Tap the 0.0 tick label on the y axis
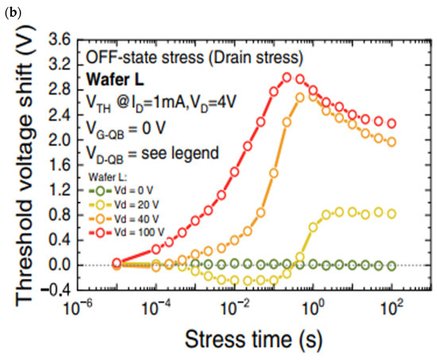[58, 265]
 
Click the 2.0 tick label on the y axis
[58, 140]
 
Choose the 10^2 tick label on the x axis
[392, 308]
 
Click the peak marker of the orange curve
[300, 97]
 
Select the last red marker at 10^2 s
[392, 123]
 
